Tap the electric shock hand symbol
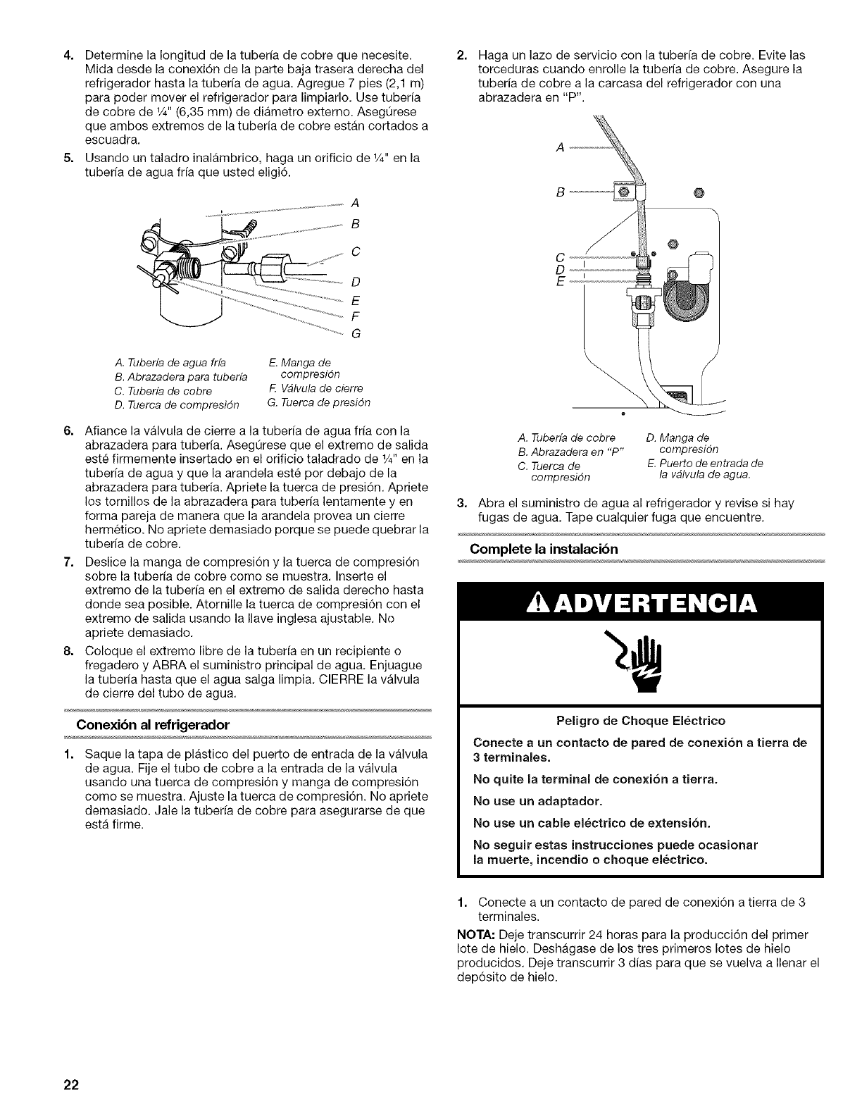639,669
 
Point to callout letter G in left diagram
355,333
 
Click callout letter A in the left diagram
355,204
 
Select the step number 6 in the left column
68,430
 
